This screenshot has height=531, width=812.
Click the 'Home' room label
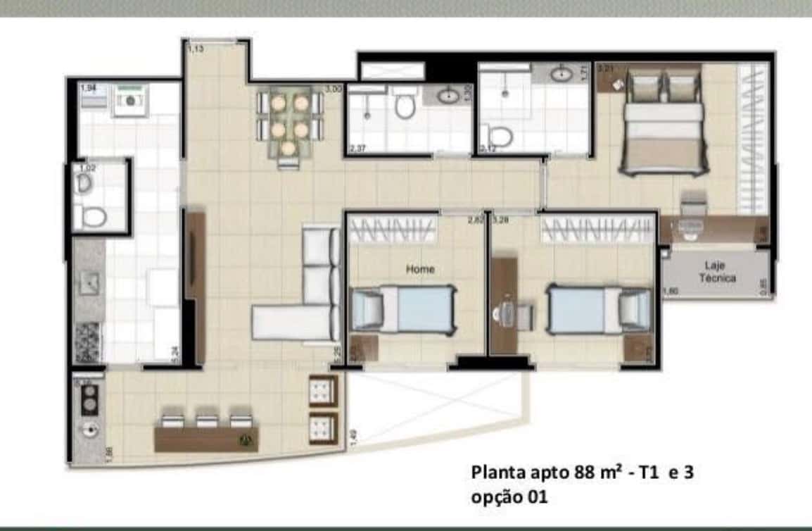(x=420, y=269)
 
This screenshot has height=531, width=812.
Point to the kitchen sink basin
(x=89, y=283)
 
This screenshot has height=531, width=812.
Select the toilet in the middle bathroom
(x=404, y=106)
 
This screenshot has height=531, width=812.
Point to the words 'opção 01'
(x=509, y=496)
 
